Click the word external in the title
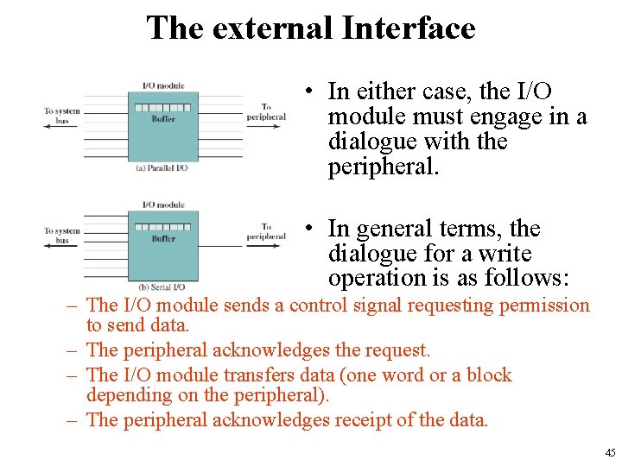(x=272, y=28)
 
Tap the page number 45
(x=610, y=453)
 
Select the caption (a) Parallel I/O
(x=162, y=167)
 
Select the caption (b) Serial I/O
(x=162, y=287)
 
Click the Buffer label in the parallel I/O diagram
(x=163, y=119)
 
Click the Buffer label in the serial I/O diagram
(x=163, y=238)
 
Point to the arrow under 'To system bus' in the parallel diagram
(x=60, y=126)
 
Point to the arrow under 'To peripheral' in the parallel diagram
(x=266, y=126)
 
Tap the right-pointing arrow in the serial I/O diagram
(x=266, y=245)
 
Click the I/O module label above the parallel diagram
(x=163, y=86)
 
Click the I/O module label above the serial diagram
(x=163, y=205)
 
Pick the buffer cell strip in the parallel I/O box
(x=163, y=108)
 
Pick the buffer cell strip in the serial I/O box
(x=163, y=227)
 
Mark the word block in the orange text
(x=488, y=375)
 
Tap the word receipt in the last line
(x=365, y=420)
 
